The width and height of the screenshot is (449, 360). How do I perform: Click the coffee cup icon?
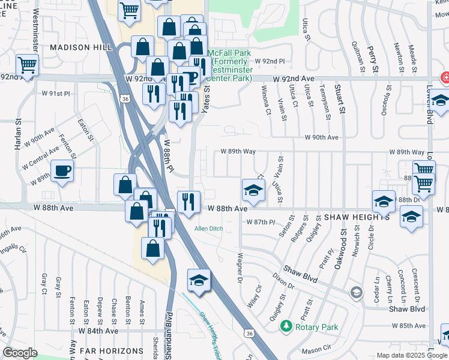click(x=62, y=172)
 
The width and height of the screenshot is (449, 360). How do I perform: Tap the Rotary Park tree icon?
click(x=286, y=326)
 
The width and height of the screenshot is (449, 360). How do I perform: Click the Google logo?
click(x=20, y=353)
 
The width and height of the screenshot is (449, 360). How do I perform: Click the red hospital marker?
click(x=445, y=77)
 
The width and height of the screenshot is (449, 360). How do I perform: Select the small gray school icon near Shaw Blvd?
click(x=357, y=292)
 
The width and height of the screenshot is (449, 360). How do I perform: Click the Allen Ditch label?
click(x=208, y=229)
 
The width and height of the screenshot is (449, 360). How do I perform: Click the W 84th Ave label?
click(x=98, y=331)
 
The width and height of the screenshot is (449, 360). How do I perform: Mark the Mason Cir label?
click(x=316, y=348)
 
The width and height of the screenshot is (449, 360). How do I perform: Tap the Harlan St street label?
click(x=18, y=137)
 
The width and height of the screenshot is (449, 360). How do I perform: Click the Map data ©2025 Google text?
click(x=412, y=355)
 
